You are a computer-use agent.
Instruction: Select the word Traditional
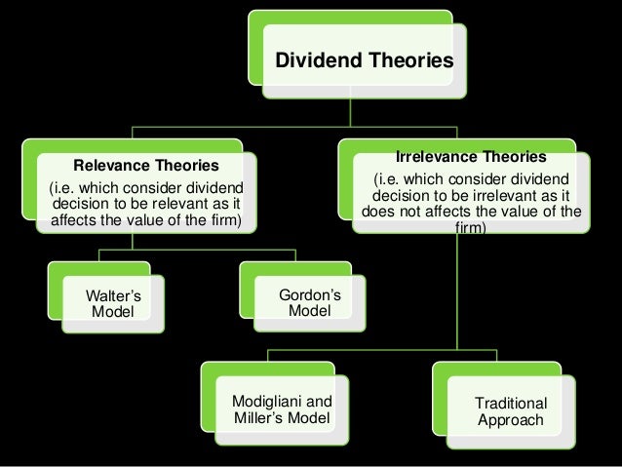[510, 403]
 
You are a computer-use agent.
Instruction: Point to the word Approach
[510, 421]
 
